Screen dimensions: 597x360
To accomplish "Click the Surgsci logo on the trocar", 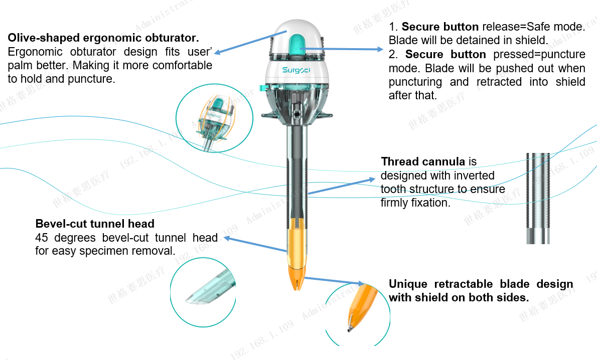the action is (x=296, y=70).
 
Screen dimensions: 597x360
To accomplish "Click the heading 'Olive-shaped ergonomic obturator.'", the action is (x=103, y=38).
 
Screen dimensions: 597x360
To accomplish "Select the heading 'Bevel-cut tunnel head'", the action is (x=95, y=224).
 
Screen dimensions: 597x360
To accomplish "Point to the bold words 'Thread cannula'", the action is (x=423, y=161).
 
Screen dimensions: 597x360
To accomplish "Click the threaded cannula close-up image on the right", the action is (x=538, y=198).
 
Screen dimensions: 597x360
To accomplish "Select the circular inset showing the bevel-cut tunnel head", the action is (x=203, y=292).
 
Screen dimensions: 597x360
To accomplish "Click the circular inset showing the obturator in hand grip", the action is (x=214, y=118).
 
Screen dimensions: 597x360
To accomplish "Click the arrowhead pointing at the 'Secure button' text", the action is (x=380, y=49).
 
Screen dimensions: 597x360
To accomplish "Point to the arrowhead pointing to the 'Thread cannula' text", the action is (x=372, y=179).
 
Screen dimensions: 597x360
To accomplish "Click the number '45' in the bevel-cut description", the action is (x=42, y=238).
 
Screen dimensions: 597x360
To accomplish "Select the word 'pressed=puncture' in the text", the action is (x=539, y=55).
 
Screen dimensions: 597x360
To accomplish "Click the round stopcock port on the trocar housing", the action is (x=296, y=113).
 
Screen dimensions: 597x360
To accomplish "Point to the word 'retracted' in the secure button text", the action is (x=499, y=82).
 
